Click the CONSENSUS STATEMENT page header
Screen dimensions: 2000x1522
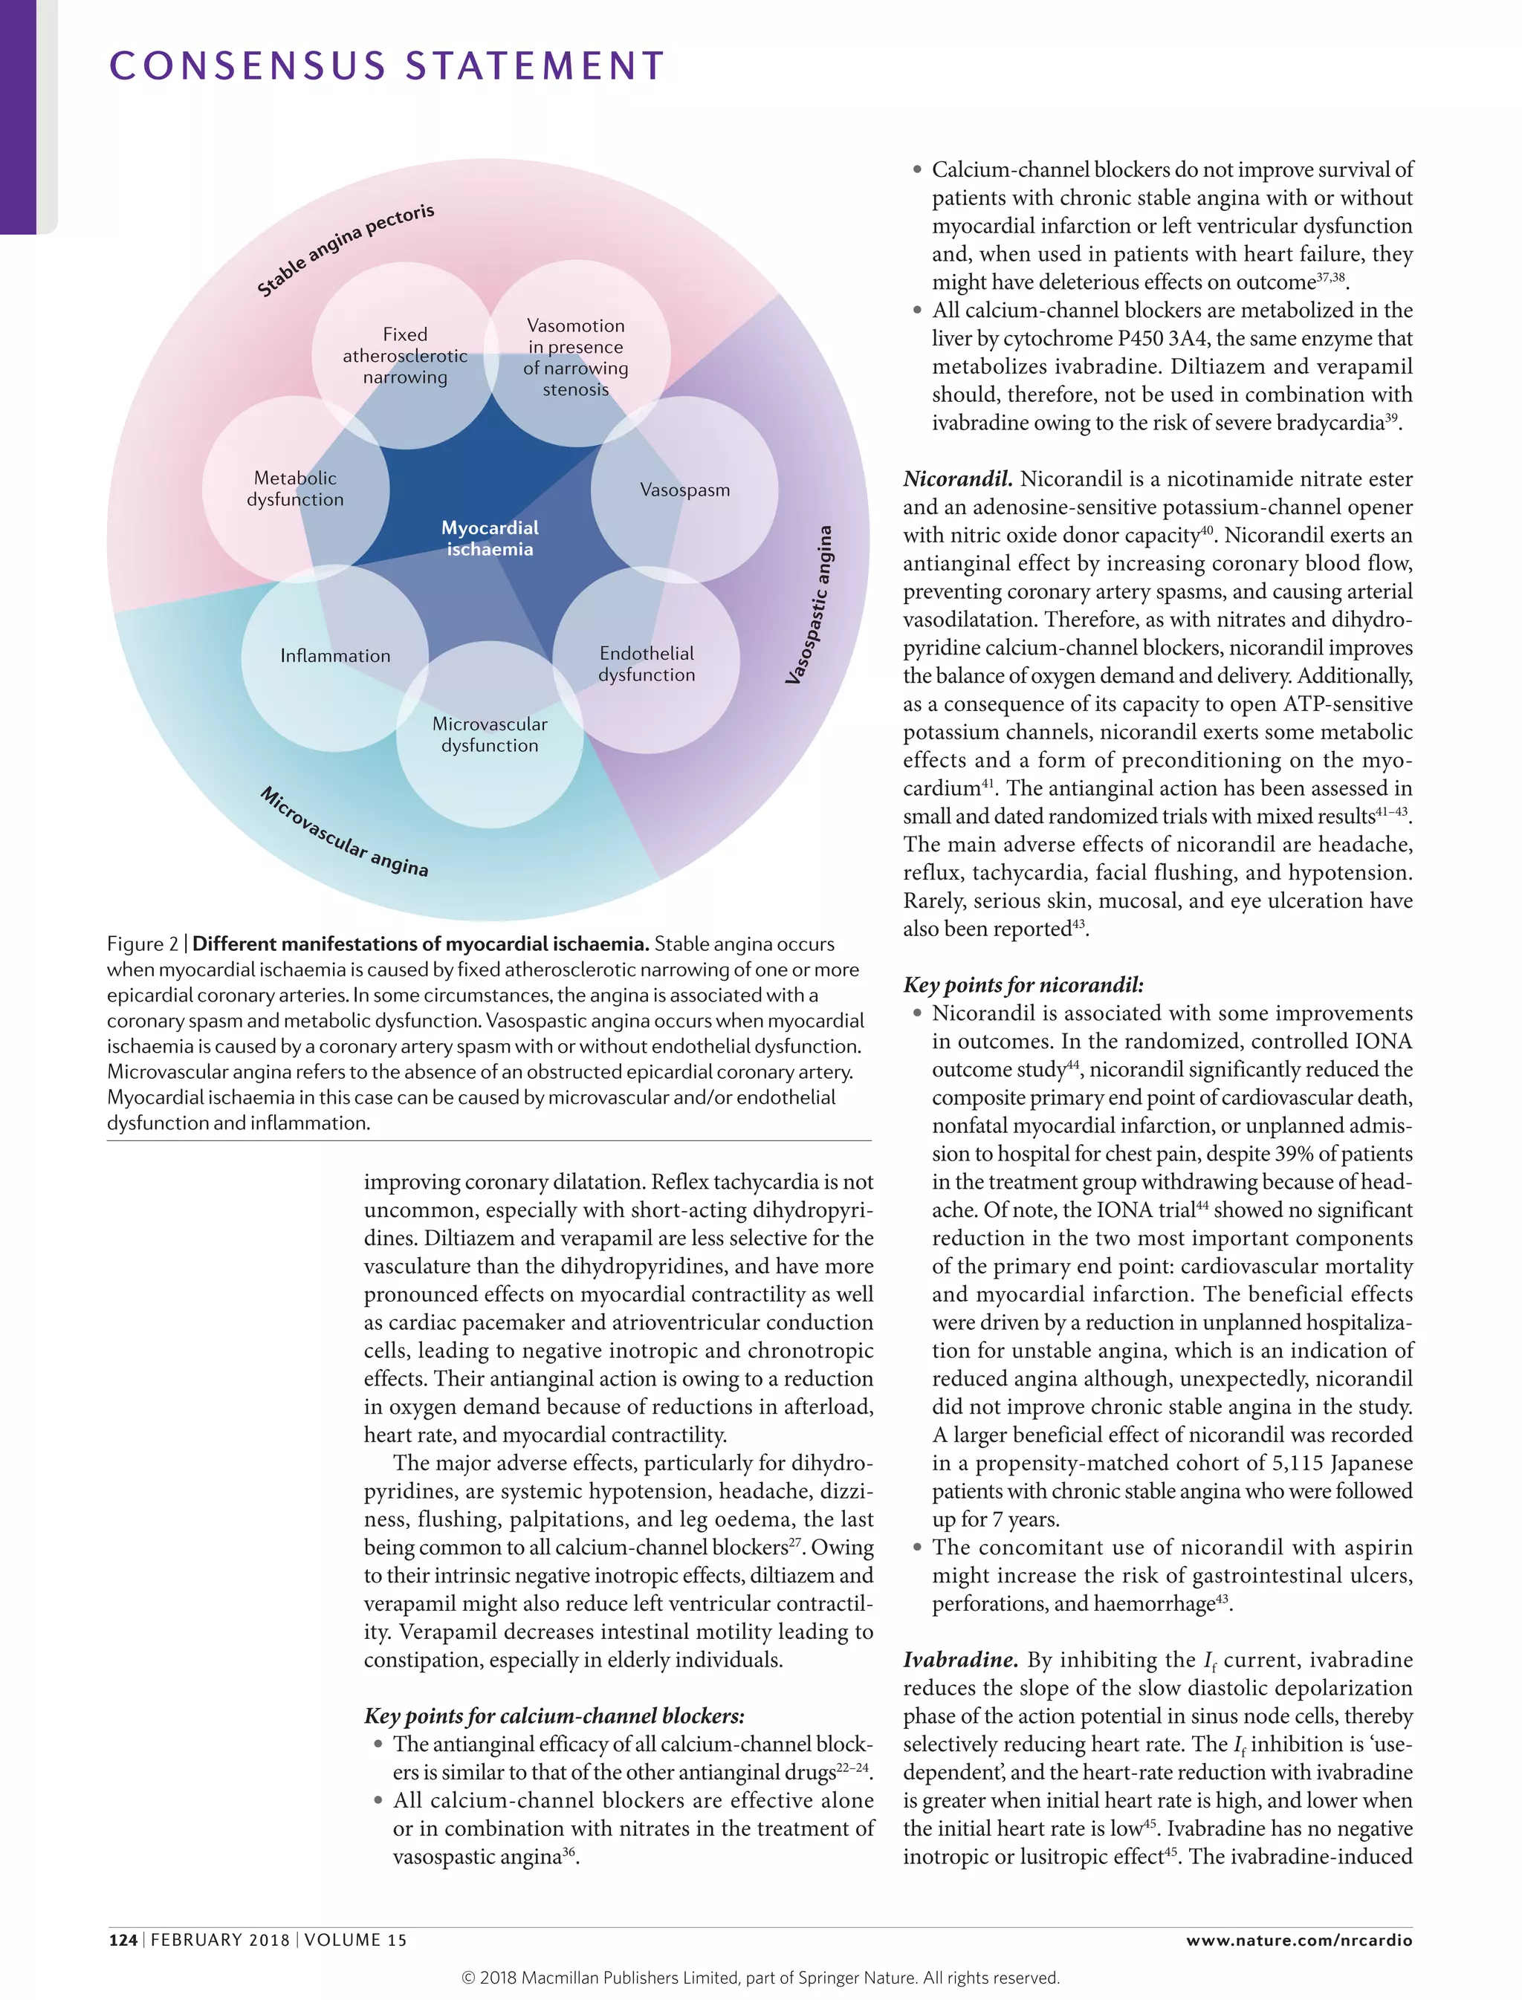pyautogui.click(x=387, y=66)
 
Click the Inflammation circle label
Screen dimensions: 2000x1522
pyautogui.click(x=335, y=655)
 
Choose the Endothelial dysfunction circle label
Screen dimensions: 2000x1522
pyautogui.click(x=646, y=664)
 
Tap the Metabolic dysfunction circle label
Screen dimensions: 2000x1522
pyautogui.click(x=295, y=488)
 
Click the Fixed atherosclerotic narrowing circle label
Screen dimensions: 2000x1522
pyautogui.click(x=405, y=355)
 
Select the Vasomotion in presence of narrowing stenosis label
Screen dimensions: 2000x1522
pyautogui.click(x=575, y=357)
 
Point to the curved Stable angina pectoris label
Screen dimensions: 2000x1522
pyautogui.click(x=345, y=250)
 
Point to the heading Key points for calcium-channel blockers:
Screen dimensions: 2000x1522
pyautogui.click(x=554, y=1715)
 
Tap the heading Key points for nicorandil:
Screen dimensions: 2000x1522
pyautogui.click(x=1023, y=984)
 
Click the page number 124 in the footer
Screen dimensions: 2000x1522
pyautogui.click(x=123, y=1939)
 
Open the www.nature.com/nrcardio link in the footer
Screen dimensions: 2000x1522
pyautogui.click(x=1298, y=1939)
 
